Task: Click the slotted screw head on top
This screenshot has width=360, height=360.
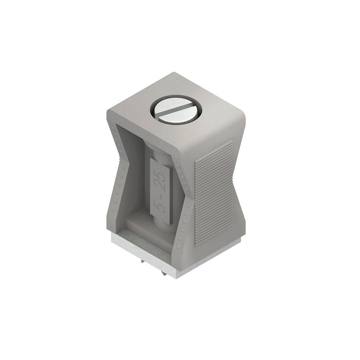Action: pyautogui.click(x=176, y=110)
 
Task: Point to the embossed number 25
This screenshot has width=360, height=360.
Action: pyautogui.click(x=162, y=181)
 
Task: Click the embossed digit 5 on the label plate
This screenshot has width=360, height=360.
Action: pyautogui.click(x=162, y=206)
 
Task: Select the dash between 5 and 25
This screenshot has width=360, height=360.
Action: pyautogui.click(x=162, y=195)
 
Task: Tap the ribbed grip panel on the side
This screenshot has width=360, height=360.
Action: pyautogui.click(x=214, y=193)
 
